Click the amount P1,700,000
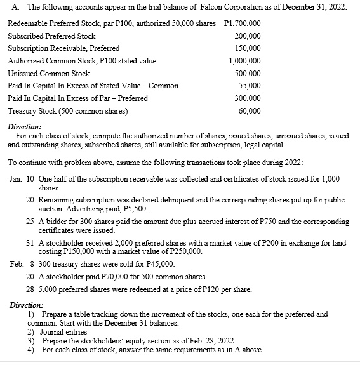239,23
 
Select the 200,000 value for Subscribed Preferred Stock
244,36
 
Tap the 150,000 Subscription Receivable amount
244,48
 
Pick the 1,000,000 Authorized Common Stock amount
241,61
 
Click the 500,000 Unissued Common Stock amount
244,74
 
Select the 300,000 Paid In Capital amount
244,98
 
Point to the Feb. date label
18,263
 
